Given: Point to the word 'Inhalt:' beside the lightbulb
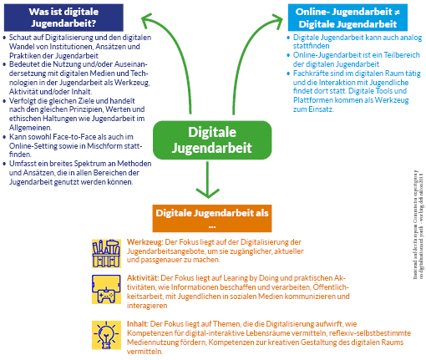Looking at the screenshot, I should coord(139,321).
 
